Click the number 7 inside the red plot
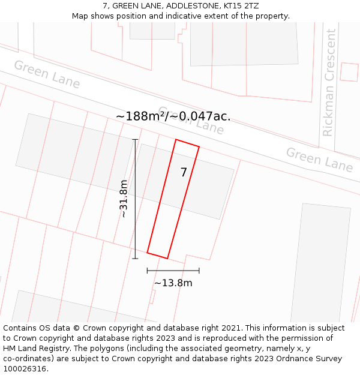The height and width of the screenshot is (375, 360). tap(184, 173)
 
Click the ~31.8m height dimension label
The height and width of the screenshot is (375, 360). tap(124, 199)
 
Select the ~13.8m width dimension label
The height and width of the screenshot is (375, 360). tap(173, 283)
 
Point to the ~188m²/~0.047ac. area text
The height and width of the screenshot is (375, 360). tap(173, 116)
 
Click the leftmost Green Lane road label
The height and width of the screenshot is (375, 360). tap(47, 74)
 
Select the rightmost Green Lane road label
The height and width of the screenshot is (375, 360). tap(319, 160)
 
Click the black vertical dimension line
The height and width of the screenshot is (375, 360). tap(135, 199)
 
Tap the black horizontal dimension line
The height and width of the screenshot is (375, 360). tap(173, 271)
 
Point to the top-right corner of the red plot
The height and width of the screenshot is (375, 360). tap(199, 146)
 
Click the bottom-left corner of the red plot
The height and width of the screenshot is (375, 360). tap(148, 253)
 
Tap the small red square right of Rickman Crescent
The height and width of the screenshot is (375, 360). tap(349, 71)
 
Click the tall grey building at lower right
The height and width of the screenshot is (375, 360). tap(320, 264)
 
